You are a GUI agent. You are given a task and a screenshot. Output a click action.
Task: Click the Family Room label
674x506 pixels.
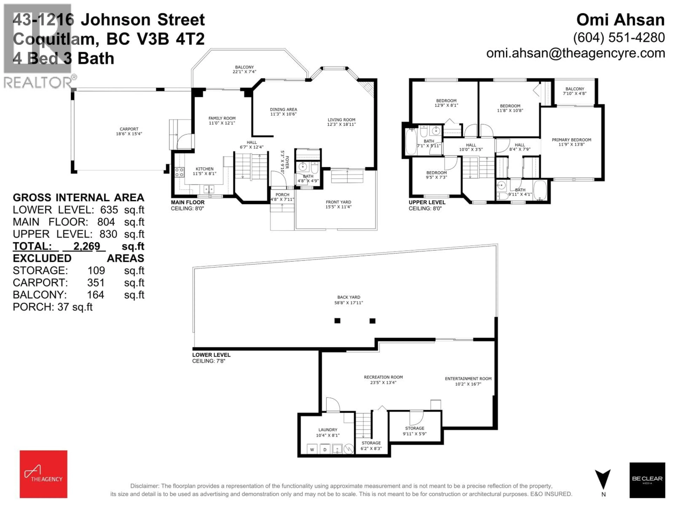(x=222, y=118)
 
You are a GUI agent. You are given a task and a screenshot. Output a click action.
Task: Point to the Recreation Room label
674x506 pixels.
(x=383, y=377)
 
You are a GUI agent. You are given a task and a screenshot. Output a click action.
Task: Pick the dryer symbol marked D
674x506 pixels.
(x=325, y=449)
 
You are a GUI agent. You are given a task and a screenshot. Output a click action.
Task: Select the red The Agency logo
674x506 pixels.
(x=44, y=474)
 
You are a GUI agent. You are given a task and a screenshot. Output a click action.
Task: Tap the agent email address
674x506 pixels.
(x=576, y=53)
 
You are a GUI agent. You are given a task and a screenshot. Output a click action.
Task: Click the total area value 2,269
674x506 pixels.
(x=87, y=246)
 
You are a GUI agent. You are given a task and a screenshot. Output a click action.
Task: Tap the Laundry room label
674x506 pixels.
(x=328, y=430)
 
